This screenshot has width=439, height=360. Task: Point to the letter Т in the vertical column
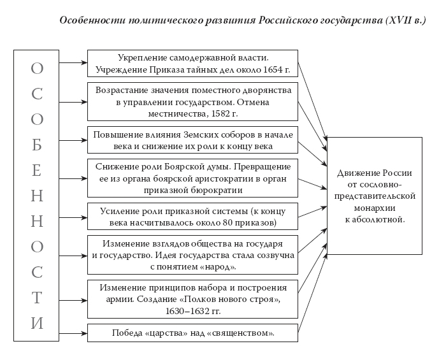[37, 298]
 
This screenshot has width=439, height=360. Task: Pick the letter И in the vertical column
[37, 323]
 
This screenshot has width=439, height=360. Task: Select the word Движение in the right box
[359, 173]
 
